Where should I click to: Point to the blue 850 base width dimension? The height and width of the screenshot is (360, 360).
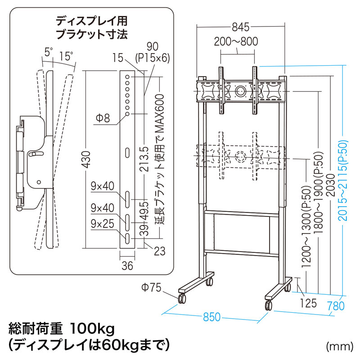pyautogui.click(x=211, y=316)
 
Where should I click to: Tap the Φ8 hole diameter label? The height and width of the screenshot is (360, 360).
pyautogui.click(x=102, y=118)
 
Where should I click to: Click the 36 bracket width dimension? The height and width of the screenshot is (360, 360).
pyautogui.click(x=127, y=265)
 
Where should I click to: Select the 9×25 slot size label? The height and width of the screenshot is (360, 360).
pyautogui.click(x=102, y=223)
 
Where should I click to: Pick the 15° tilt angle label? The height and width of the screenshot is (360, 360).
pyautogui.click(x=66, y=56)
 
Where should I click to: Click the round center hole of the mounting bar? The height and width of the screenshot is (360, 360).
pyautogui.click(x=240, y=90)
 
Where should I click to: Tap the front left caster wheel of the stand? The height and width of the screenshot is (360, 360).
pyautogui.click(x=182, y=299)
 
